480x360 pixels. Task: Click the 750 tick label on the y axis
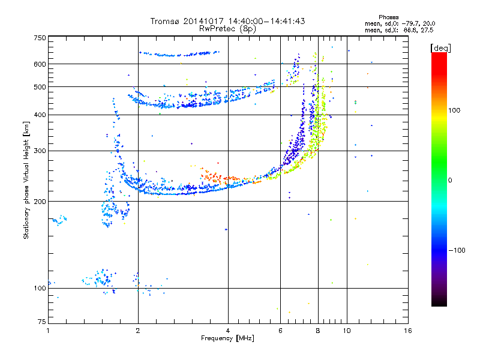click(40, 37)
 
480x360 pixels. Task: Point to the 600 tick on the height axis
click(40, 64)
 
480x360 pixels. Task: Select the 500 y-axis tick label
click(40, 86)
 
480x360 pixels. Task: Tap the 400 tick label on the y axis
click(40, 115)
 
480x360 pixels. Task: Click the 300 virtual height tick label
click(40, 151)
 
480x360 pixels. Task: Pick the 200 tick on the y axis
click(40, 201)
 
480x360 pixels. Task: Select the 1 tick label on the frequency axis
click(48, 331)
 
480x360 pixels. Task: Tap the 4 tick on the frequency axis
click(227, 331)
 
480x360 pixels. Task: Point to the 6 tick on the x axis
click(280, 331)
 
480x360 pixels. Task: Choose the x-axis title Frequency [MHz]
click(227, 339)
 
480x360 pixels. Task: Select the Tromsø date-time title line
click(227, 21)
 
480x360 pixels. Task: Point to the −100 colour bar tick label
click(457, 250)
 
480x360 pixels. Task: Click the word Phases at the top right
click(390, 16)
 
